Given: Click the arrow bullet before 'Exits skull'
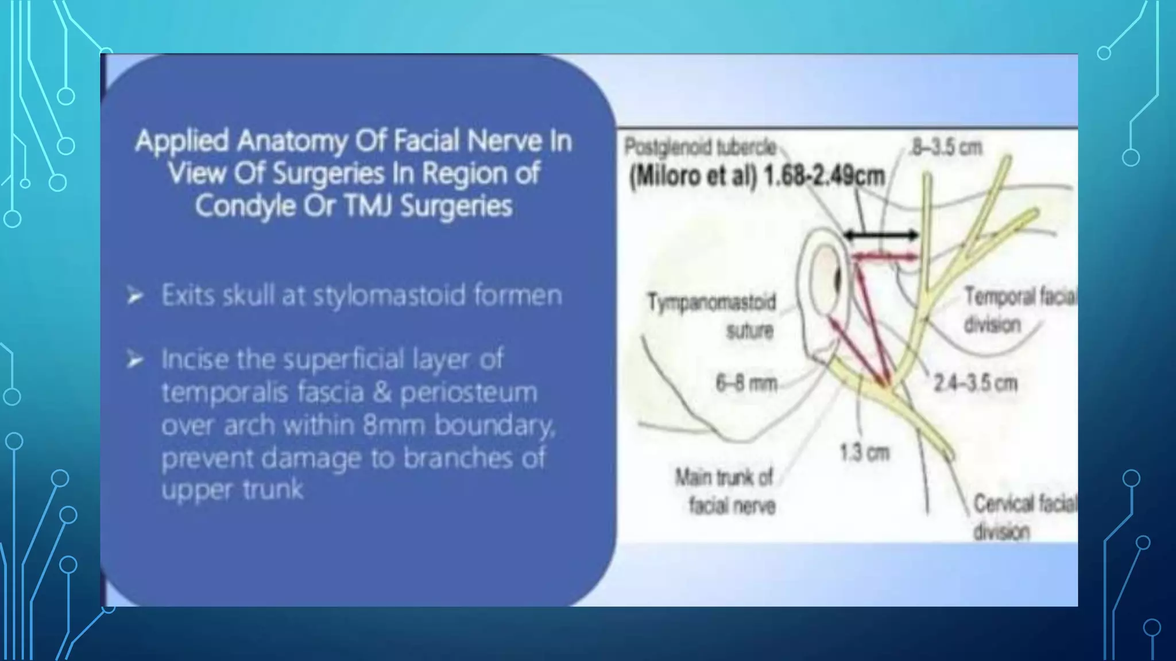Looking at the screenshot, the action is tap(136, 296).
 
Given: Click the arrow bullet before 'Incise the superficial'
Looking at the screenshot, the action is tap(136, 360).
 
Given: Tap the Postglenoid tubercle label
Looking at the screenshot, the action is tap(699, 147).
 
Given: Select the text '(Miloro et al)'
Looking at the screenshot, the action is tap(693, 176).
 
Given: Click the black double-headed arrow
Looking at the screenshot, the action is tap(881, 235).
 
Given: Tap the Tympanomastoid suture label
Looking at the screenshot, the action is tap(713, 316).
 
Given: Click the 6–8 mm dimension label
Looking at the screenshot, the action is tap(746, 383).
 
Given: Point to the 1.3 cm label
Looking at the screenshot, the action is tap(864, 453).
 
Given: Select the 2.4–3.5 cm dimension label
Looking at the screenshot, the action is tap(975, 383).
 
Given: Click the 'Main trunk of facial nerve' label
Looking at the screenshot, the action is tap(725, 491).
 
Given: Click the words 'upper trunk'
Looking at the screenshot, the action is tap(232, 490).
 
